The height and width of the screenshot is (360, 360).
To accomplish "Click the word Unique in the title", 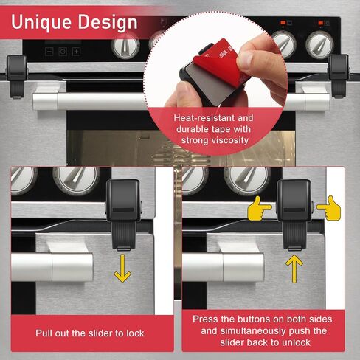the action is pyautogui.click(x=41, y=23).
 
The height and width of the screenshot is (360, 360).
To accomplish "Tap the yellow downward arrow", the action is pyautogui.click(x=122, y=269).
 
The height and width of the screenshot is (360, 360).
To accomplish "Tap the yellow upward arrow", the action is pyautogui.click(x=294, y=269).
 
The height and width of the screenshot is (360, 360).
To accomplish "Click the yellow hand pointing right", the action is pyautogui.click(x=260, y=208).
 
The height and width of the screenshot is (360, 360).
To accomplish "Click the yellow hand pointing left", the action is pyautogui.click(x=329, y=208).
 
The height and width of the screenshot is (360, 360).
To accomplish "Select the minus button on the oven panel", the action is pyautogui.click(x=49, y=52).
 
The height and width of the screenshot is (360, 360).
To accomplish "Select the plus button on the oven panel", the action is pyautogui.click(x=76, y=52).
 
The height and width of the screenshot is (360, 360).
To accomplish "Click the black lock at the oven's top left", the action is pyautogui.click(x=17, y=76).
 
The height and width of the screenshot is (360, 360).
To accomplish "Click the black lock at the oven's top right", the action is pyautogui.click(x=339, y=76).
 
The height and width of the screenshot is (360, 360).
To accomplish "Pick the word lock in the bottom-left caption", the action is pyautogui.click(x=135, y=333).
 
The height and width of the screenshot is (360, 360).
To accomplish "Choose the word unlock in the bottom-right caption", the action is pyautogui.click(x=296, y=342).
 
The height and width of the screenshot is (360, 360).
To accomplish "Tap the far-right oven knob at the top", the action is pyautogui.click(x=319, y=45).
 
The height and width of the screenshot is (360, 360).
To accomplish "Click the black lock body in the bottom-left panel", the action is pyautogui.click(x=123, y=214).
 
